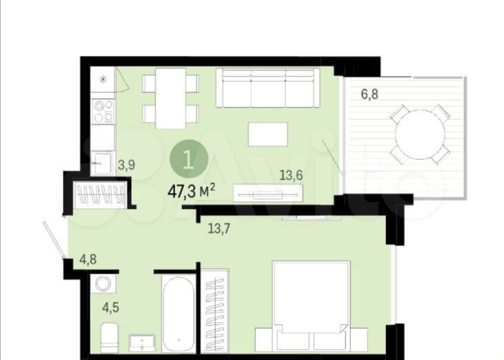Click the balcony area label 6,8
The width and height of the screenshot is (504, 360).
click(x=370, y=94)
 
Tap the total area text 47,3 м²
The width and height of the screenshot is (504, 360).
click(x=192, y=192)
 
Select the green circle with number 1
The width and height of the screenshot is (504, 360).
click(x=189, y=160)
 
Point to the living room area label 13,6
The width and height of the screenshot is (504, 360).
click(x=292, y=175)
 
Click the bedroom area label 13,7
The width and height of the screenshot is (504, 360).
click(x=219, y=228)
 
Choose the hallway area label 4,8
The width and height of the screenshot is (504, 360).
click(x=88, y=259)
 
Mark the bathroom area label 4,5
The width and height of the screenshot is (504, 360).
click(x=110, y=308)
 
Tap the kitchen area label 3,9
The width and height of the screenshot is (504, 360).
click(x=126, y=166)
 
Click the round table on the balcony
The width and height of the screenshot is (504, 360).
click(x=420, y=134)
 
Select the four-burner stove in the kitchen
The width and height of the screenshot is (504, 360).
click(x=103, y=111)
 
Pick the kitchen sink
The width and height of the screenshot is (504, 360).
click(x=101, y=163)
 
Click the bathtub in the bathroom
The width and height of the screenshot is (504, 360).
click(x=179, y=314)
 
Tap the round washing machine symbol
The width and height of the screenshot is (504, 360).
click(x=103, y=284)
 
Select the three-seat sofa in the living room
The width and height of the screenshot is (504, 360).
click(x=268, y=88)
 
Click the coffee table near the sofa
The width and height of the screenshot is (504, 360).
click(x=268, y=134)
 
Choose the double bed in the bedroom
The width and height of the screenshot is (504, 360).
click(x=311, y=307)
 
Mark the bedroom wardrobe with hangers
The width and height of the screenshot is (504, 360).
click(x=215, y=314)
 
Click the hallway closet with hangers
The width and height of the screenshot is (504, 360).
click(x=100, y=194)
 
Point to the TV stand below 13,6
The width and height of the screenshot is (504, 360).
click(x=268, y=193)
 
